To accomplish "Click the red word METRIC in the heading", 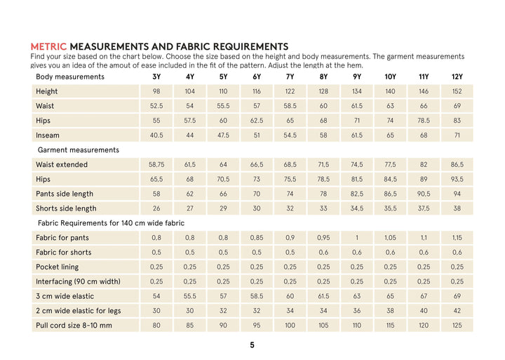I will tap(48, 46).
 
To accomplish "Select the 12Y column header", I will tap(457, 76).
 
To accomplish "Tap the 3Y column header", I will tap(156, 76).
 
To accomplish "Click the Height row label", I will tap(47, 91).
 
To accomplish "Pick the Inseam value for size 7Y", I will tap(290, 135).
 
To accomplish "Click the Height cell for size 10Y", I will tap(390, 91).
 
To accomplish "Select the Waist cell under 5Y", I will tap(223, 106).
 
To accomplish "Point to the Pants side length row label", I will tap(65, 194).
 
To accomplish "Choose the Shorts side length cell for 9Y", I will tap(356, 208).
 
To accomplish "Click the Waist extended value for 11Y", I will tap(424, 164).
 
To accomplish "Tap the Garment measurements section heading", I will tap(79, 149).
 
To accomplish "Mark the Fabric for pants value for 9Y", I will tap(356, 238).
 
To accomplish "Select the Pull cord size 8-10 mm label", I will tap(74, 326).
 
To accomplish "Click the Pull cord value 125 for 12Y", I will tap(457, 326).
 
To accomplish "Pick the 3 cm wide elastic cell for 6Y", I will tap(257, 296).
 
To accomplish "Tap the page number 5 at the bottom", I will tap(252, 345).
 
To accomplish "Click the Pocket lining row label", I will tap(58, 267).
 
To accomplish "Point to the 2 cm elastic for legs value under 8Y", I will tap(323, 311).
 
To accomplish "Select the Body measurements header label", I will tap(70, 76).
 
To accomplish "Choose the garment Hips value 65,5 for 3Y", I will tap(156, 179).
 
